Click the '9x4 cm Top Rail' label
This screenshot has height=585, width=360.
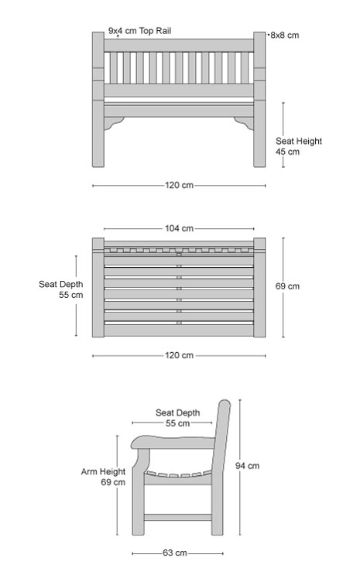point(139,31)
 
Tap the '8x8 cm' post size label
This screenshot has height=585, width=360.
point(285,35)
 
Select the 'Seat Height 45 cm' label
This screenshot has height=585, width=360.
point(298,146)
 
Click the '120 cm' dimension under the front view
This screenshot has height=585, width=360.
point(180,185)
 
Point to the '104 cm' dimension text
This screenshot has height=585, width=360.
point(180,228)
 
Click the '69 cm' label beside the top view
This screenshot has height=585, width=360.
point(287,286)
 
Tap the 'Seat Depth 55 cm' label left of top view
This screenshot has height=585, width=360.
point(61,289)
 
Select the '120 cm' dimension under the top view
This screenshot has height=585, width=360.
point(180,355)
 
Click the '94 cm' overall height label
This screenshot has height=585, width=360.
point(247,466)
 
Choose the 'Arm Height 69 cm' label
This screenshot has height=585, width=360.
point(104,477)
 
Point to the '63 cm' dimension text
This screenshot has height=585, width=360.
point(175,552)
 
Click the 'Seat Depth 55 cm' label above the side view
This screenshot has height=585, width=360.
point(178,418)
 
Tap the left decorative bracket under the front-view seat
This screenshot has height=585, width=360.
point(113,123)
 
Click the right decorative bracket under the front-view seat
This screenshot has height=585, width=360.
point(245,123)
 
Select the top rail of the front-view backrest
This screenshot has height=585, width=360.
point(179,46)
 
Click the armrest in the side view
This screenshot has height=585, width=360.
point(173,442)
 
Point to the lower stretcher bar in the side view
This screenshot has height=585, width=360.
point(178,517)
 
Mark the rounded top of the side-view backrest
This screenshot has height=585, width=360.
point(225,403)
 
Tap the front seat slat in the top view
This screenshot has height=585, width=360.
point(179,330)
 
